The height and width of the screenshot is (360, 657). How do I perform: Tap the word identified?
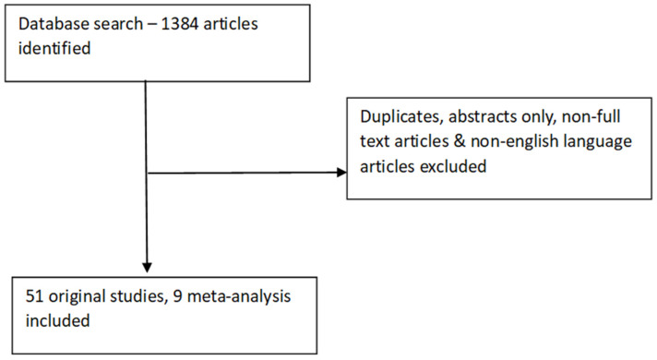(54, 48)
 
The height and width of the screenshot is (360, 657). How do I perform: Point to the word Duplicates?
(402, 116)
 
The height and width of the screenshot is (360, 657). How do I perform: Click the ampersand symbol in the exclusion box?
(460, 141)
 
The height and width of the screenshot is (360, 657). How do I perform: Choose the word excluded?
(453, 166)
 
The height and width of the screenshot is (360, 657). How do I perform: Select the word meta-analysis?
(239, 296)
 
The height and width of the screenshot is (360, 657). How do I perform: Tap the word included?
(58, 320)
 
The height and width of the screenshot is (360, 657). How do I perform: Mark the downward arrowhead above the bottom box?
(147, 267)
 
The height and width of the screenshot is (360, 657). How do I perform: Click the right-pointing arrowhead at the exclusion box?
(341, 173)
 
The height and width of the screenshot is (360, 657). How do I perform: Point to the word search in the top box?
(118, 24)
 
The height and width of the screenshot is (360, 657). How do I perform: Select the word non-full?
(591, 116)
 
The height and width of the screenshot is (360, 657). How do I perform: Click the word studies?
(137, 296)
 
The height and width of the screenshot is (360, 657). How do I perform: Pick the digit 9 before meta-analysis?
(178, 296)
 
